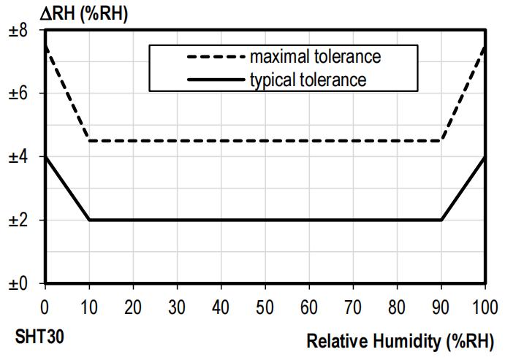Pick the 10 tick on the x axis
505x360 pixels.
[89, 302]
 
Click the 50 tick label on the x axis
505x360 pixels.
[265, 302]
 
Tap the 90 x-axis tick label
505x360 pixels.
[441, 302]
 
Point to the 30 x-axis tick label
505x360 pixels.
[177, 302]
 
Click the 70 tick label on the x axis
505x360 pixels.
[353, 302]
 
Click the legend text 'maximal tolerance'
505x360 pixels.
[315, 56]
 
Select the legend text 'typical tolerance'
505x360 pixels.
[308, 79]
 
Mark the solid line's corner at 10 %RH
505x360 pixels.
[89, 220]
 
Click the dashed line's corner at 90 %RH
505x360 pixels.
[441, 141]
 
